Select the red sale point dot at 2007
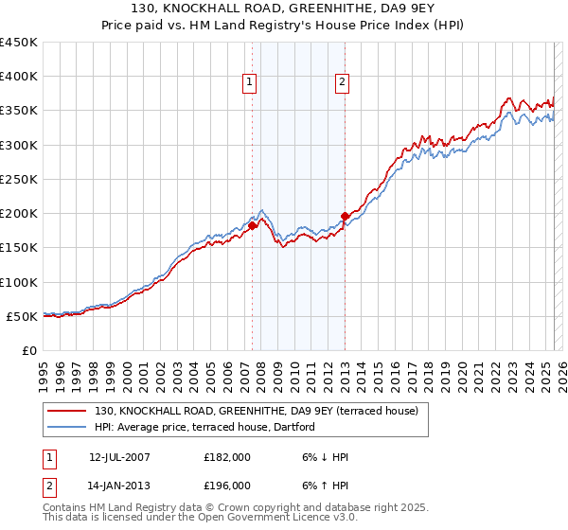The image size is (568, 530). point(253,225)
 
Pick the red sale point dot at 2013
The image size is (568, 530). point(345,216)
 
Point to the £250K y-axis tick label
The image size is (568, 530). point(18,179)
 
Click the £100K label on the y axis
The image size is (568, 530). point(18,282)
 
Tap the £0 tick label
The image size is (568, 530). point(29,350)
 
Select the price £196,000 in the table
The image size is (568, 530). point(227,486)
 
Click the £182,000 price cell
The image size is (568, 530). point(227,457)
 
